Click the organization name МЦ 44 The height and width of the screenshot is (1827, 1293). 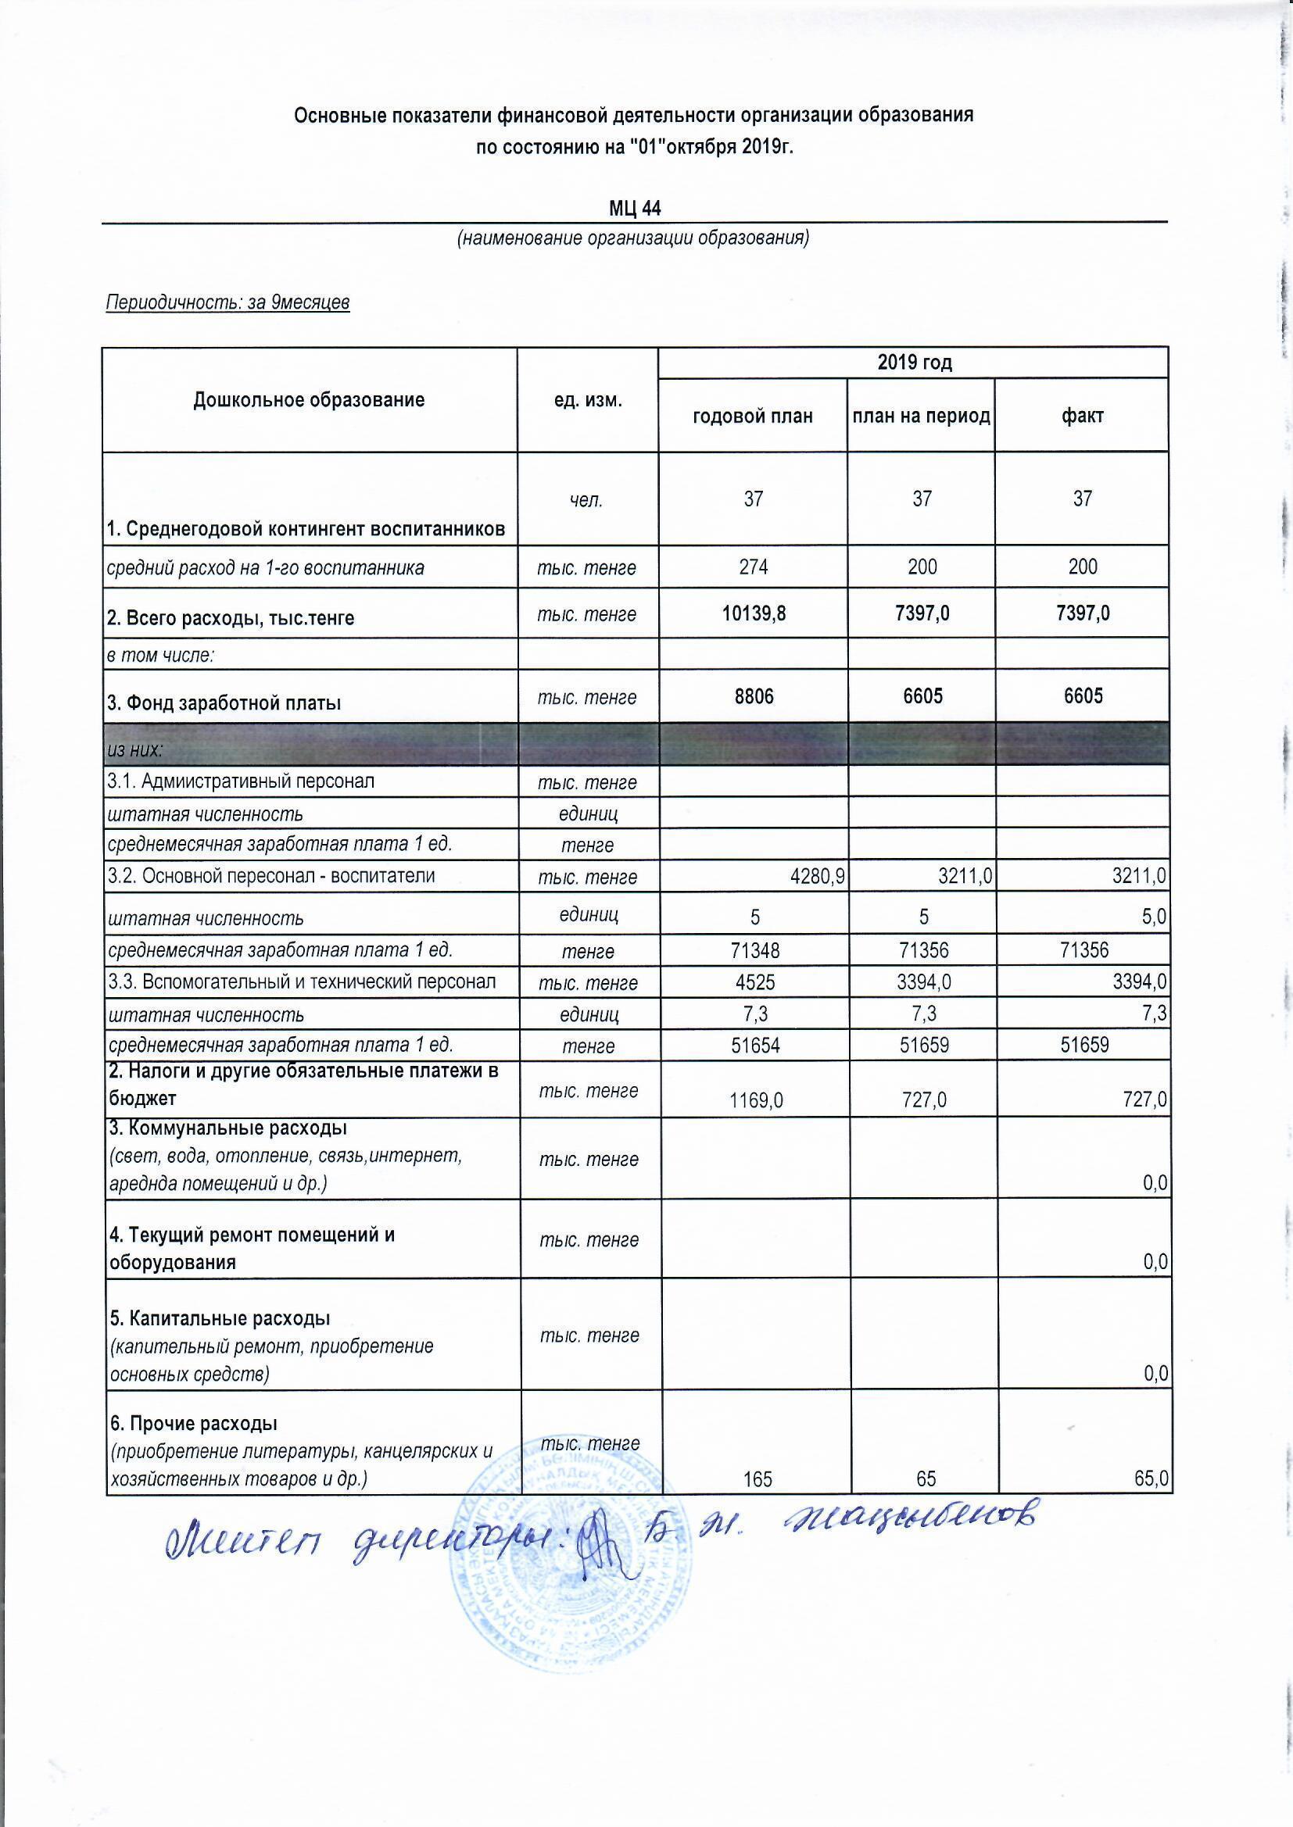tap(635, 209)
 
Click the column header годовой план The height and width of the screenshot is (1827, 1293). tap(752, 417)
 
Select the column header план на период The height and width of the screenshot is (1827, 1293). tap(921, 417)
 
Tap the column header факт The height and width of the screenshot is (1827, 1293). tap(1082, 417)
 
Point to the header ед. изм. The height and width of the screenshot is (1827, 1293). tap(588, 400)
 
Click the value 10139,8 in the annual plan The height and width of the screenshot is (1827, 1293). tap(754, 613)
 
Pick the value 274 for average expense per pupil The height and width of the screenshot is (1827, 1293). tap(753, 567)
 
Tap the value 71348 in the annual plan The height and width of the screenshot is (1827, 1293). tap(754, 949)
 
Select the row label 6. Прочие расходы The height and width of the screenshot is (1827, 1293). tap(192, 1422)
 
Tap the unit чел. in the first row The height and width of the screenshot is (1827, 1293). tap(586, 499)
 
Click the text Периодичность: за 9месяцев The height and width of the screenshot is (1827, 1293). tap(227, 303)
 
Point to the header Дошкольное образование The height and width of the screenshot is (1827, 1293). tap(309, 400)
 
